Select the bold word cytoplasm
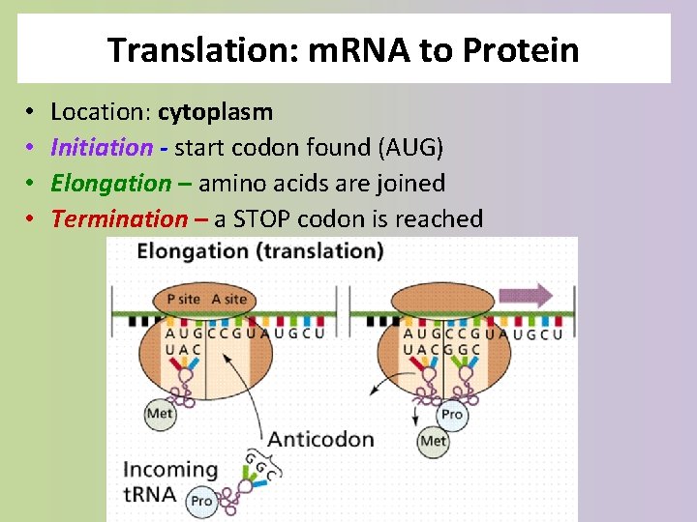[x=215, y=112]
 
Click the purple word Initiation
[x=101, y=148]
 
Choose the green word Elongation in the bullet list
[x=109, y=183]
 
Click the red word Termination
[x=118, y=218]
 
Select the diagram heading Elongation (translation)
[x=260, y=251]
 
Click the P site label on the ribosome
[x=184, y=299]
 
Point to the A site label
[x=229, y=299]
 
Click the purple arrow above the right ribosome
[x=527, y=296]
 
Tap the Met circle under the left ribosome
[x=160, y=414]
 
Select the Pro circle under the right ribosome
[x=451, y=414]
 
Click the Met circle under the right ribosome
[x=433, y=441]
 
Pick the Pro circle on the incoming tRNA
[x=201, y=501]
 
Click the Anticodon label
[x=320, y=439]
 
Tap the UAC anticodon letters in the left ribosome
[x=184, y=349]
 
